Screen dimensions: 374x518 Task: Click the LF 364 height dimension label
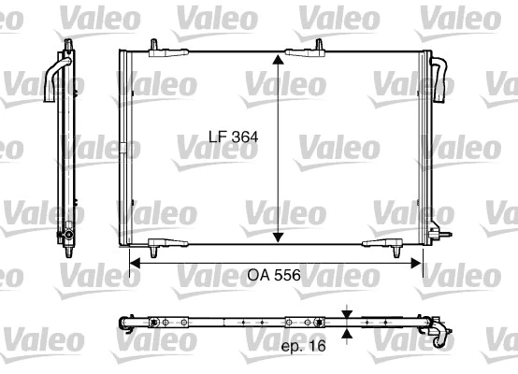232,137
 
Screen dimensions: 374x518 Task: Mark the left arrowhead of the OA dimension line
134,263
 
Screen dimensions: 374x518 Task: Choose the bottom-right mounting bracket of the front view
383,246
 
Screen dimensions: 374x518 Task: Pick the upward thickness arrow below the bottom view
348,333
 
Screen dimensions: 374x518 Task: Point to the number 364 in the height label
246,137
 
